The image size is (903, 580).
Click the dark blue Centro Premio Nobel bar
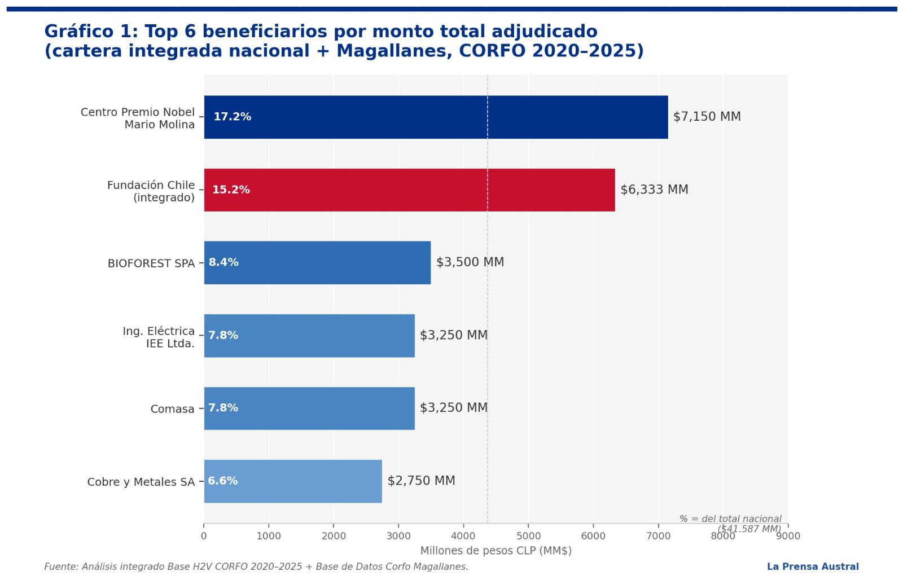tap(436, 117)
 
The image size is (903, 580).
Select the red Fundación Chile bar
tap(409, 190)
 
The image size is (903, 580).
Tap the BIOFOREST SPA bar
tap(317, 262)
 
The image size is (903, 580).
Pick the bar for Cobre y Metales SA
tap(293, 481)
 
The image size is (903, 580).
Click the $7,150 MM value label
tap(707, 117)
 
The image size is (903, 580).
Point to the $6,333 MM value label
tap(654, 190)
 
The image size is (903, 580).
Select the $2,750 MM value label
tap(421, 481)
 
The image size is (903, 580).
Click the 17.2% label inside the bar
tap(232, 117)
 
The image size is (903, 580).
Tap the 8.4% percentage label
tap(223, 262)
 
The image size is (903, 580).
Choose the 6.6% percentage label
tap(222, 481)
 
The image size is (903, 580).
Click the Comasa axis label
tap(172, 409)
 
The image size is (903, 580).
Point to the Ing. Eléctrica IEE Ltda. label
tap(159, 337)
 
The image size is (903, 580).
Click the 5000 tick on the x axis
tap(528, 536)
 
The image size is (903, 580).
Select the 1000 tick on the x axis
tap(269, 536)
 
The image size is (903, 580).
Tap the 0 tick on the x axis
tap(204, 536)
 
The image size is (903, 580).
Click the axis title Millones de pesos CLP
tap(496, 551)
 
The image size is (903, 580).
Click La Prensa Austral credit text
tap(812, 566)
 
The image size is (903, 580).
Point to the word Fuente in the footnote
tap(60, 566)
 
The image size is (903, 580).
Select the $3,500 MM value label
tap(470, 262)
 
